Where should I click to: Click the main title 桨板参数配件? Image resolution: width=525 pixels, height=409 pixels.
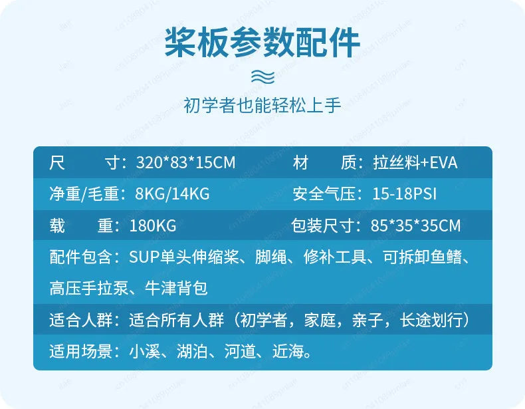pos(262,43)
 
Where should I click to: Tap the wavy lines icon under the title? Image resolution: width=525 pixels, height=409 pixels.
pos(263,76)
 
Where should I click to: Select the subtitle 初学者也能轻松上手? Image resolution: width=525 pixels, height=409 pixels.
pos(262,105)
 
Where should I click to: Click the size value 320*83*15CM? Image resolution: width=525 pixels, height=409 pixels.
pos(186,163)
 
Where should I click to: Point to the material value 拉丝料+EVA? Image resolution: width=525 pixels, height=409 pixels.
pos(415,163)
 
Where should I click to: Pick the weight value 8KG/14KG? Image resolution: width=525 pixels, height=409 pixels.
pos(172,194)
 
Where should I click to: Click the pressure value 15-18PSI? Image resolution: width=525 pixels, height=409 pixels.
pos(405,194)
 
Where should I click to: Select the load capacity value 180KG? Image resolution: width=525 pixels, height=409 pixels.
pos(153,225)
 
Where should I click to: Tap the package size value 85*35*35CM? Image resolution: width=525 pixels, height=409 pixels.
pos(415,225)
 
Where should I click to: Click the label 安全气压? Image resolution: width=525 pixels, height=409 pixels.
pos(324,194)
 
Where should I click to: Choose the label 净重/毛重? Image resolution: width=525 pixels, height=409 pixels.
pos(84,194)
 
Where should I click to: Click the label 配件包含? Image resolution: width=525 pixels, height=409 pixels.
pos(80,257)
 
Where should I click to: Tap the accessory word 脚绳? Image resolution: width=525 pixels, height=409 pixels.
pos(271,257)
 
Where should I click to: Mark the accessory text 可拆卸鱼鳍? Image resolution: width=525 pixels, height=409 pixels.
pos(423,257)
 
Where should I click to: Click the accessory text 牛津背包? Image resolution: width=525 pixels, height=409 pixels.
pos(176,288)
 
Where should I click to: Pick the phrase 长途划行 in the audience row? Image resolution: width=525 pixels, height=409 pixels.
pos(431,320)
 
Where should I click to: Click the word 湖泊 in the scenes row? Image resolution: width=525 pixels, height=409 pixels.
pos(192,351)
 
